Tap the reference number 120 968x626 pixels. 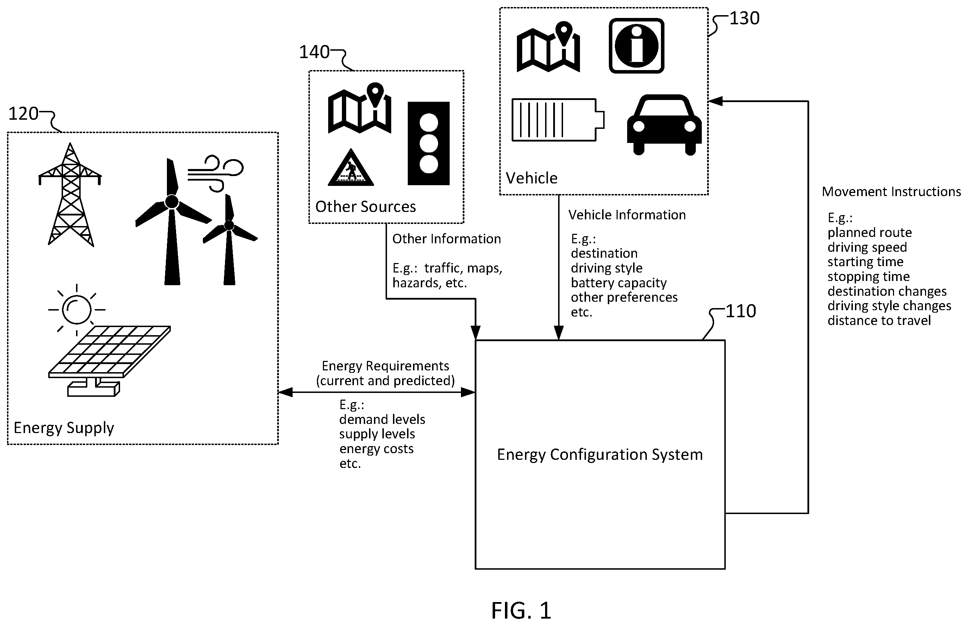(23, 114)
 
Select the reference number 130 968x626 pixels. (744, 18)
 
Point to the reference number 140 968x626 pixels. (314, 52)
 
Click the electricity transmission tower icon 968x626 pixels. (70, 194)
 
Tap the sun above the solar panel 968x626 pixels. (76, 310)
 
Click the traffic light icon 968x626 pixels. (429, 144)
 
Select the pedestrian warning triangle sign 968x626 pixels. (350, 168)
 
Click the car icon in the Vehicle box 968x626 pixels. (664, 125)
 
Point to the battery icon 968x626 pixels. (558, 120)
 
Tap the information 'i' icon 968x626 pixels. (636, 45)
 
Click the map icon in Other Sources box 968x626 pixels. (360, 108)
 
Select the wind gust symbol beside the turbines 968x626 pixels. (216, 173)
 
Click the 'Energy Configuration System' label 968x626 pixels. (600, 455)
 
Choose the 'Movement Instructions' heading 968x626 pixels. (891, 192)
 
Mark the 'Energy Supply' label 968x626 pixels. (64, 428)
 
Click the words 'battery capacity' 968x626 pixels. (618, 282)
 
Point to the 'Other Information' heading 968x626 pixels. (446, 239)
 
